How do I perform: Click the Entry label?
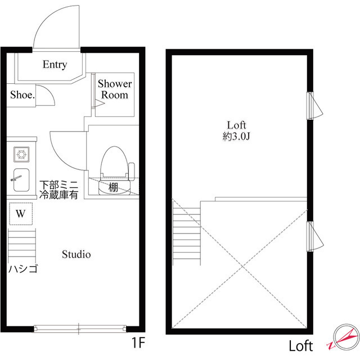coord(55,65)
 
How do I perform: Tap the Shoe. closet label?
coord(22,95)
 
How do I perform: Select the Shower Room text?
coord(115,89)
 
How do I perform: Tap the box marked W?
coord(21,214)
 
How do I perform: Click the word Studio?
coord(76,254)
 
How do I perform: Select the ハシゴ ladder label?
coord(22,269)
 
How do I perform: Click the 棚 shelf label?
coord(114,187)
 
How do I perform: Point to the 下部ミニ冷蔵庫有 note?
coord(58,190)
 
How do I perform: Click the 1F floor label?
coord(138,341)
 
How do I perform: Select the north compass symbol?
coord(344,339)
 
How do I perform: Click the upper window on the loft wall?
coord(313,106)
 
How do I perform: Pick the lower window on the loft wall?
coord(313,236)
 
